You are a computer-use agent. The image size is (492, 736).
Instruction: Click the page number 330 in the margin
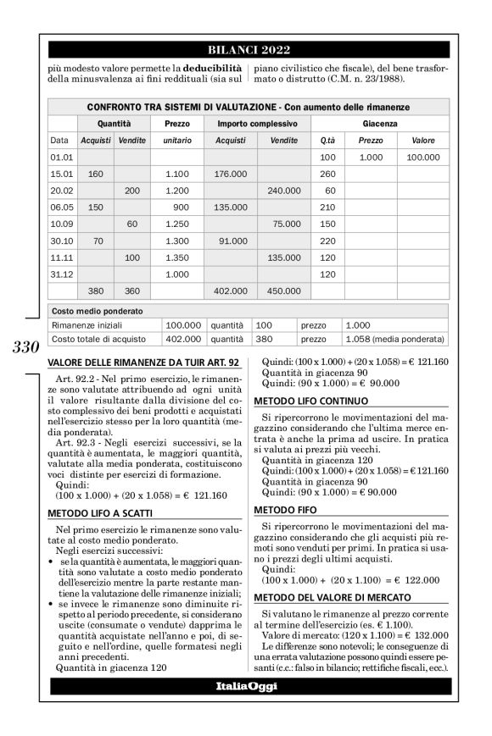tap(25, 348)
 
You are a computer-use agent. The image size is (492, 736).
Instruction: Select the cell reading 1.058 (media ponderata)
tap(395, 340)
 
